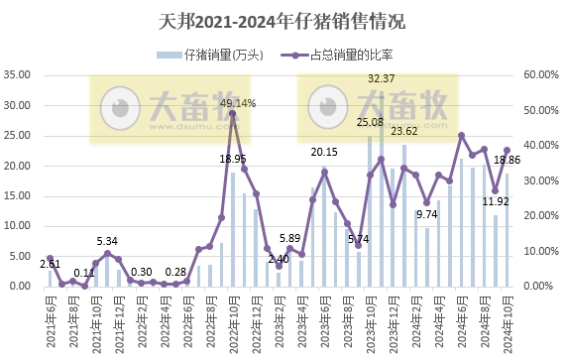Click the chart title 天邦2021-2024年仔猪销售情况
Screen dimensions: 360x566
(x=283, y=21)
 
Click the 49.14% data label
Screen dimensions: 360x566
(x=238, y=103)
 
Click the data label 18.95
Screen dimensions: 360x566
(x=233, y=159)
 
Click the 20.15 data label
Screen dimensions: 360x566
(x=324, y=152)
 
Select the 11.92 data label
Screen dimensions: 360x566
(x=496, y=201)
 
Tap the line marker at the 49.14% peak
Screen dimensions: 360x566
(x=233, y=114)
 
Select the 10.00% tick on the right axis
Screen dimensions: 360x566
(x=540, y=251)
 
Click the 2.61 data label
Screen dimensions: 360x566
(x=50, y=265)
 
